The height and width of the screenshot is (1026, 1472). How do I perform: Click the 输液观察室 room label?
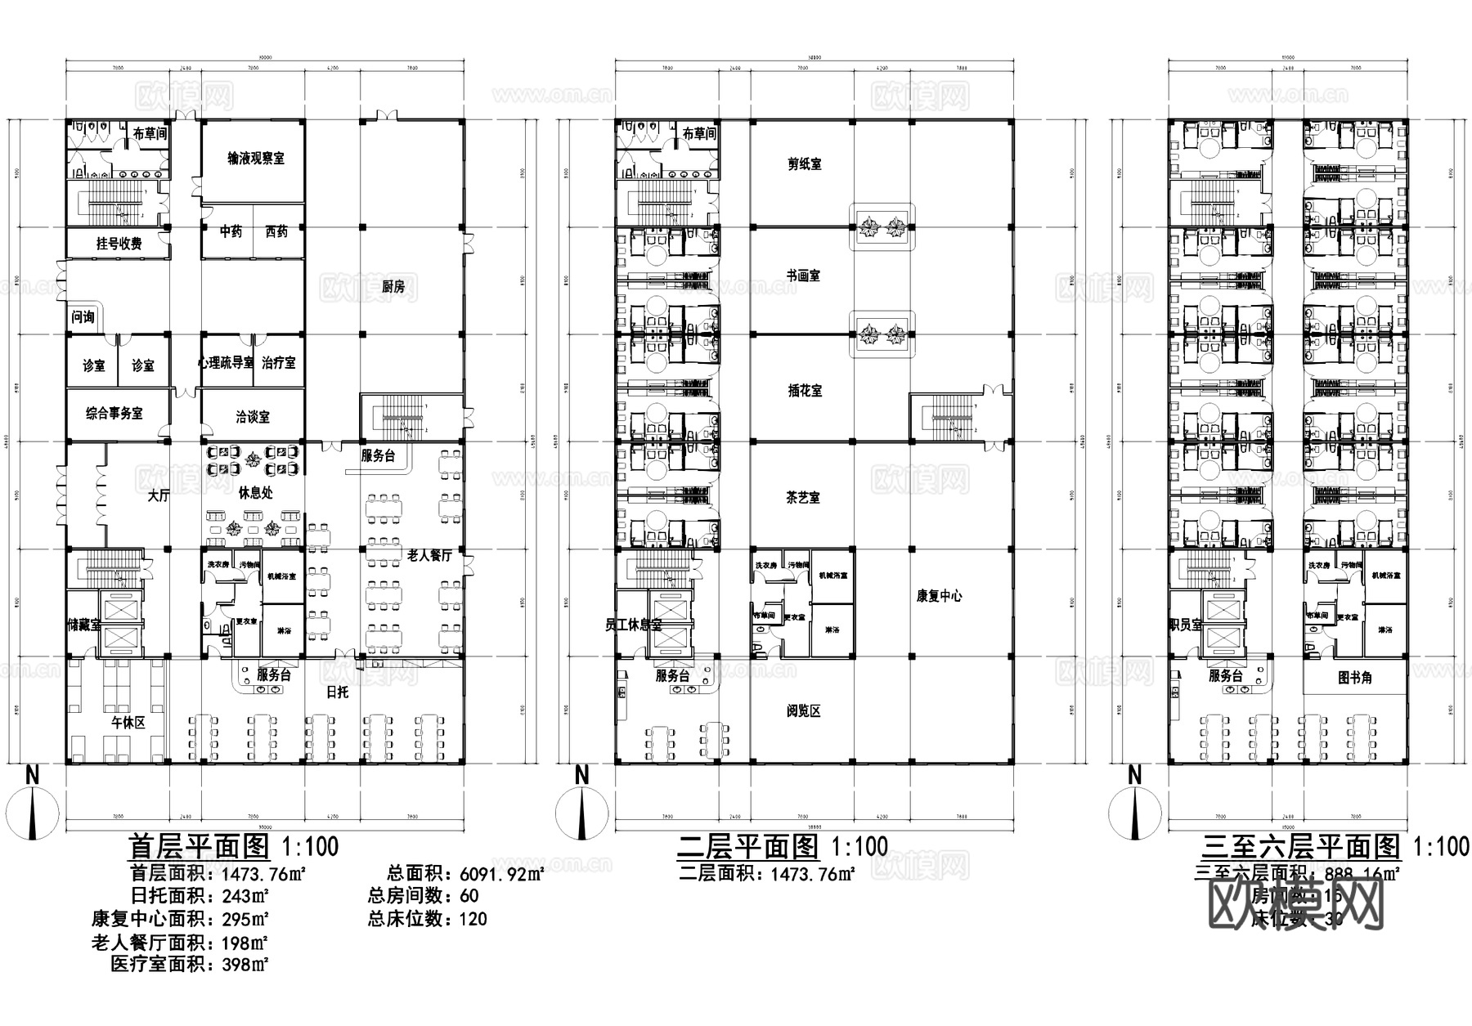[255, 158]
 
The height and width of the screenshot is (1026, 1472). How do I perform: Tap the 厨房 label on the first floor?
[393, 286]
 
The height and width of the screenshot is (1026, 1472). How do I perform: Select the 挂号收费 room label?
[119, 243]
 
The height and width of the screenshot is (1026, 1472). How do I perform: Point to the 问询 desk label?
[83, 316]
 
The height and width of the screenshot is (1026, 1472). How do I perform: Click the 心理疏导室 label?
[226, 362]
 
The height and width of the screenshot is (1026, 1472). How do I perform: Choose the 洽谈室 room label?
[252, 417]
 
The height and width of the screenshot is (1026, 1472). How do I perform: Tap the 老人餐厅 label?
[429, 555]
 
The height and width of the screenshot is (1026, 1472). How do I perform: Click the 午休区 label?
[128, 722]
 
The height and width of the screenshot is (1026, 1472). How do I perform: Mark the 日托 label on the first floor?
[337, 692]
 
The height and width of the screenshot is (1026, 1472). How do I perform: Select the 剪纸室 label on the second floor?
[804, 164]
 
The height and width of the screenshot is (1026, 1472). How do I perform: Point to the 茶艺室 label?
[803, 497]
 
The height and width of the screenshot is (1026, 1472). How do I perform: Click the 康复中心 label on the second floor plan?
[939, 596]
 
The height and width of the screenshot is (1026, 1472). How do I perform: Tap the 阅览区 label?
[803, 710]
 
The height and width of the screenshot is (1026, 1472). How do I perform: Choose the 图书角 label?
[1354, 678]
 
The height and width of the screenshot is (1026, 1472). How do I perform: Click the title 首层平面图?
[200, 845]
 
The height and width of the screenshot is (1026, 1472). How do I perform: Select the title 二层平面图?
[747, 845]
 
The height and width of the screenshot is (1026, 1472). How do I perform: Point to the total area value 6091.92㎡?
[501, 874]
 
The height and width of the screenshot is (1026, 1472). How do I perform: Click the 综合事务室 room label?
[114, 413]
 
